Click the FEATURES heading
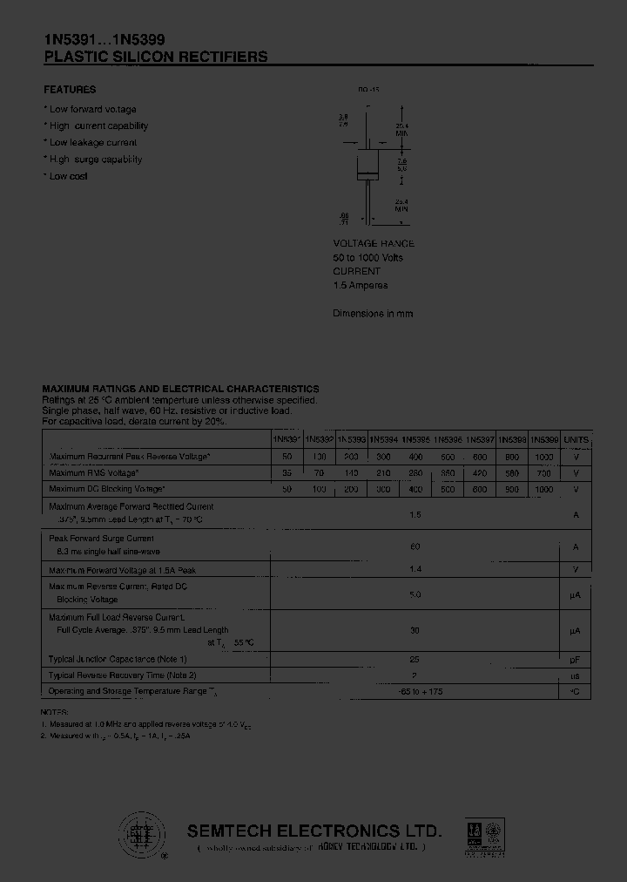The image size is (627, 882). (70, 90)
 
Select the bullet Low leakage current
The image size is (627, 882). (93, 142)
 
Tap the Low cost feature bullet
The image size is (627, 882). (68, 176)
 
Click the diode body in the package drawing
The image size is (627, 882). (369, 165)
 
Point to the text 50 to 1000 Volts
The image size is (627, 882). (367, 258)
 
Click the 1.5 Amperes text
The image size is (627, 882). (360, 285)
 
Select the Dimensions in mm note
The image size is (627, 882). (373, 313)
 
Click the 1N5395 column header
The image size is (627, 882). (416, 440)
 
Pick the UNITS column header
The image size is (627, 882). (576, 440)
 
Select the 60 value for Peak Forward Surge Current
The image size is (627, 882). (415, 546)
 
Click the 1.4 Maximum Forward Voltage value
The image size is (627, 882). (415, 569)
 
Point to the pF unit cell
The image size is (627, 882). (576, 660)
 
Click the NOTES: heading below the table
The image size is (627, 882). (55, 712)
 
